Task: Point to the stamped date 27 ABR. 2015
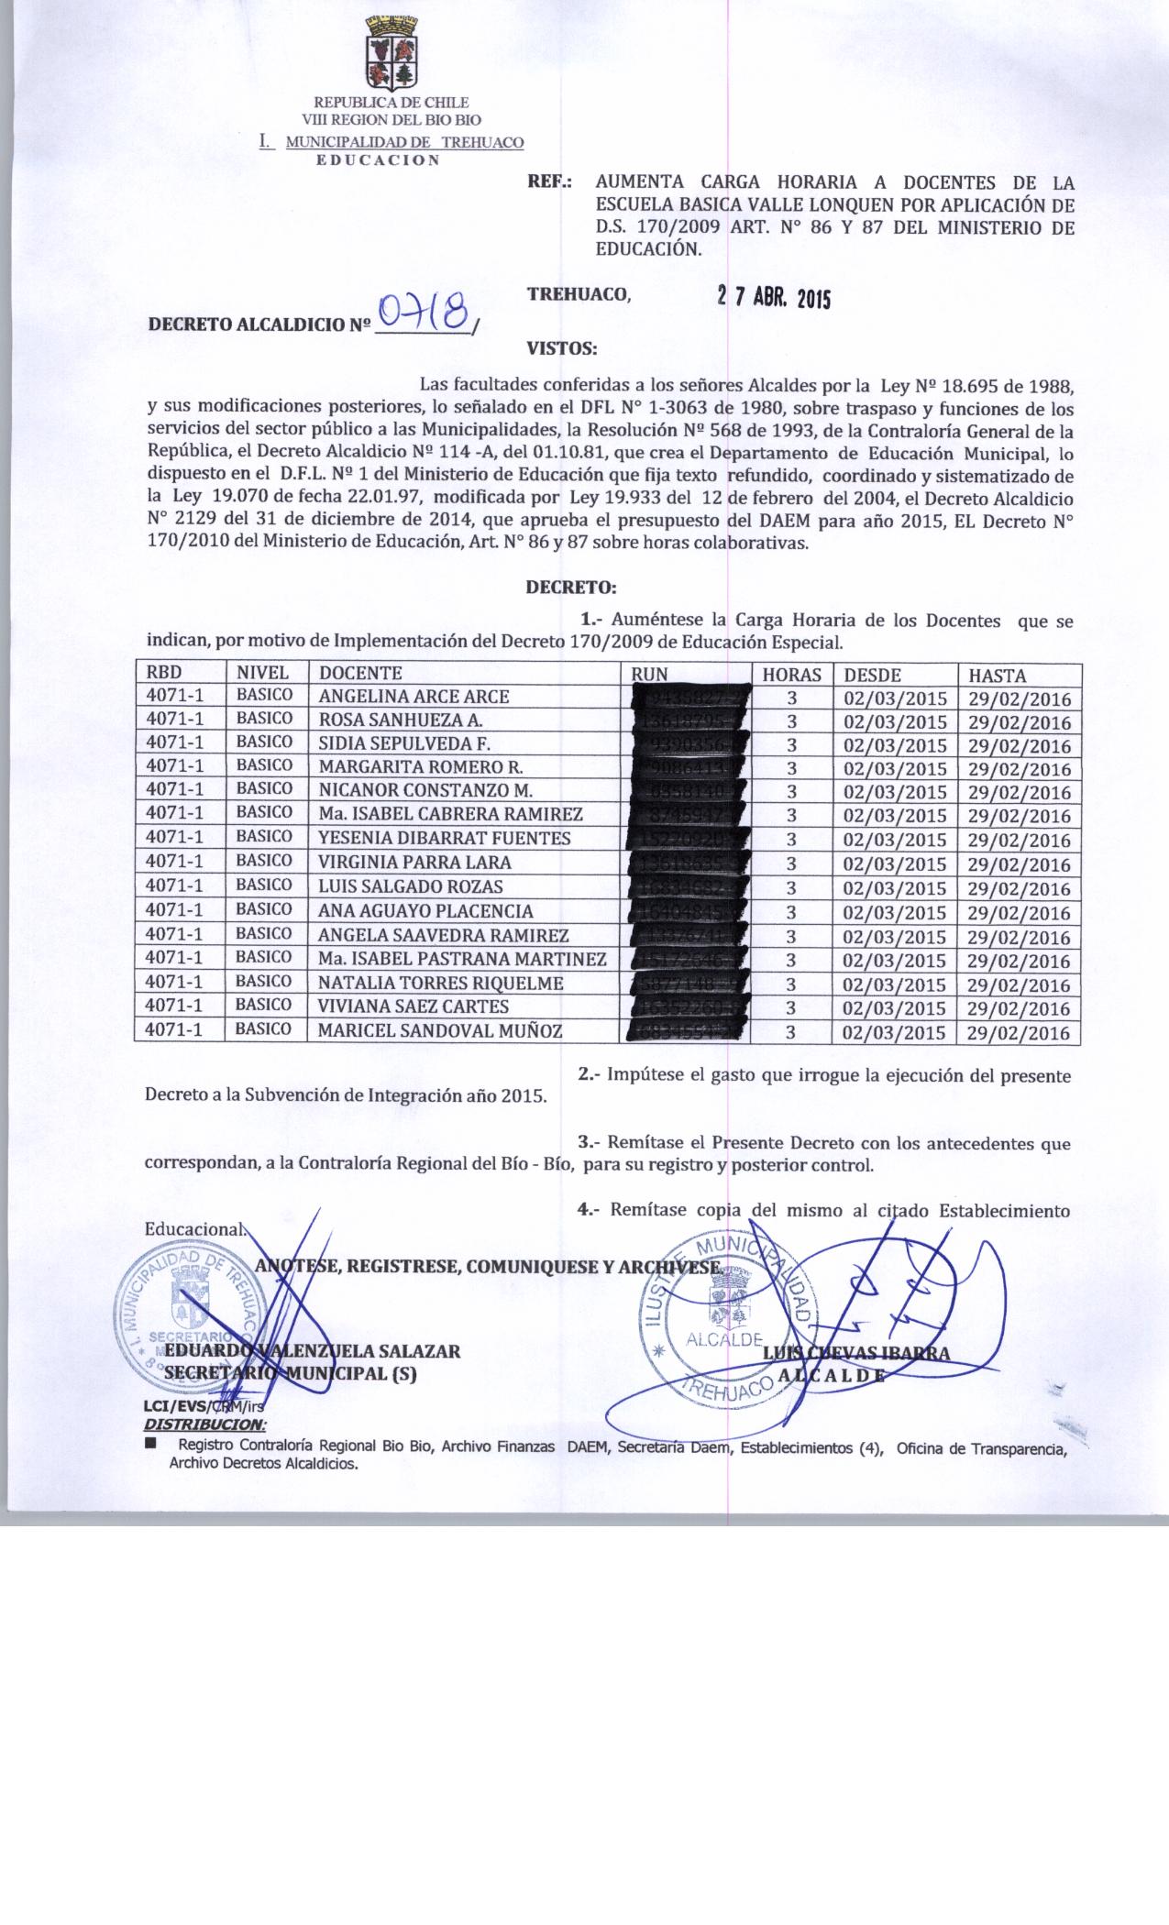click(773, 298)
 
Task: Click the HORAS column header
click(791, 675)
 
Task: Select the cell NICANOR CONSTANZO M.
click(425, 790)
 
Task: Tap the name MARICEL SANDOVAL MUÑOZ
click(440, 1031)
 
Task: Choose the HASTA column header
click(997, 675)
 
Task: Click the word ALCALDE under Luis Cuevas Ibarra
click(832, 1375)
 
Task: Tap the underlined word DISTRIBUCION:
click(204, 1424)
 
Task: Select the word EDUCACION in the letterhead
click(378, 159)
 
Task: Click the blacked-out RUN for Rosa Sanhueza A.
click(689, 720)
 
